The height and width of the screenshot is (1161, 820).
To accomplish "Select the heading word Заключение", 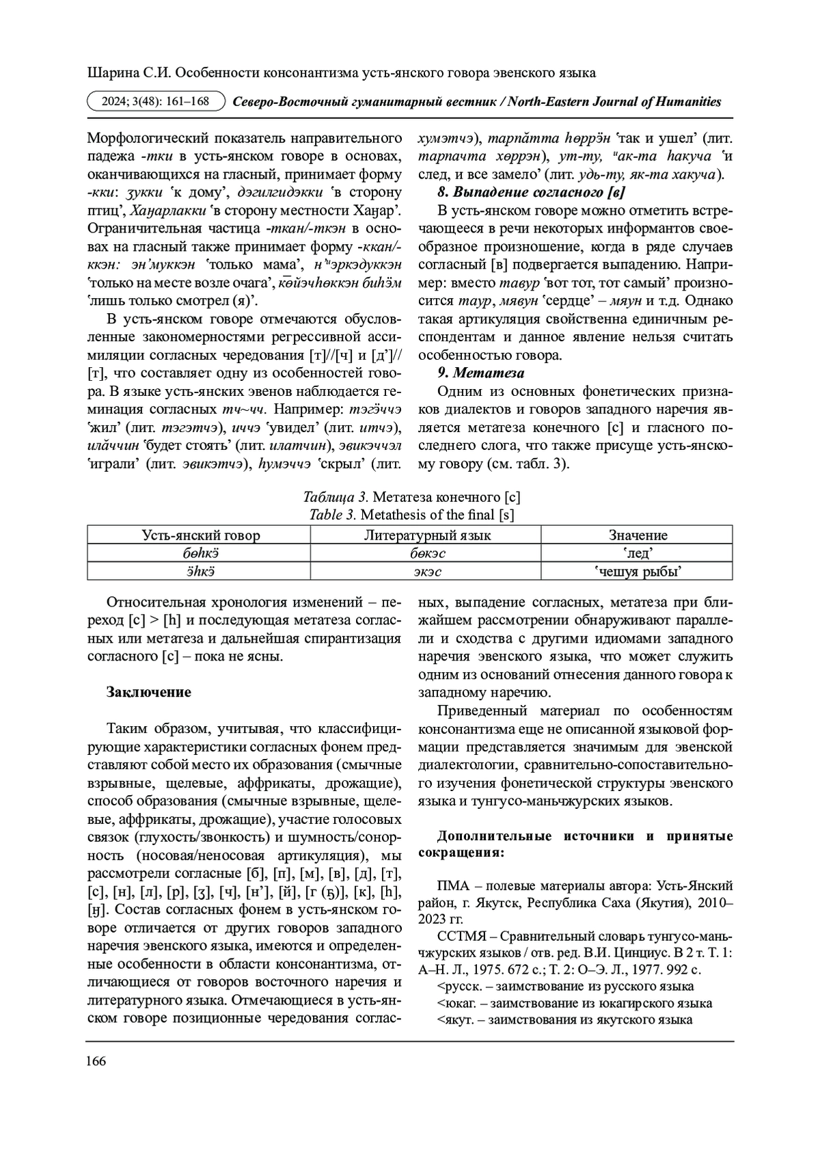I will pos(148,692).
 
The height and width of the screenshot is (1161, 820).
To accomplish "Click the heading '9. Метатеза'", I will pos(480,373).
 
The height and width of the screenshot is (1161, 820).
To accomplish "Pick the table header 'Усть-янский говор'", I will pos(200,535).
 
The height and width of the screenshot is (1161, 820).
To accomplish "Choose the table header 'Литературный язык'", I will pos(426,535).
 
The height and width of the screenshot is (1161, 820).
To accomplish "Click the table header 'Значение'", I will pos(638,535).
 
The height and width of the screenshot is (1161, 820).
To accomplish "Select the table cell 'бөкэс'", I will pos(426,553).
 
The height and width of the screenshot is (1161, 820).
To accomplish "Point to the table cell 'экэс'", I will pos(426,571).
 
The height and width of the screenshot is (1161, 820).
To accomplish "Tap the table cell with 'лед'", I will pos(638,553).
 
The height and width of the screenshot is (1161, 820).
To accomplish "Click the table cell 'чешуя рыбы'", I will pos(638,571).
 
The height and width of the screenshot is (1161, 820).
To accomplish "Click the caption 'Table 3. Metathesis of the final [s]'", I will pos(411,514).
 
